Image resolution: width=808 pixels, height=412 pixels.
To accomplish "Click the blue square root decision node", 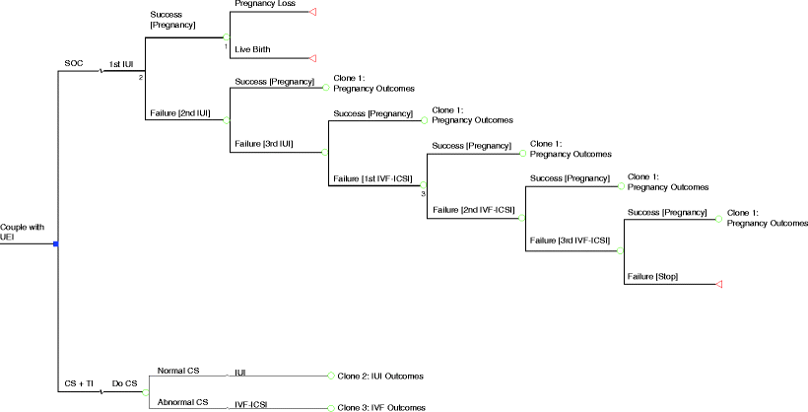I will coord(57,243).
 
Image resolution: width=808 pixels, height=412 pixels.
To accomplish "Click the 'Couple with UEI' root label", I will coord(23,233).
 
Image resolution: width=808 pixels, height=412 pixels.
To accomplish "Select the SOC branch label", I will coord(73,64).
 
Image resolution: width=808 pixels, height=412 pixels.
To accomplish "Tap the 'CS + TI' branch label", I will coord(79,383).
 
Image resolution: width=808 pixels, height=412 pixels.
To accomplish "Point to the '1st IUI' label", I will coord(120,64).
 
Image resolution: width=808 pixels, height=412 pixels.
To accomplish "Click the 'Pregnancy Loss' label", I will coord(265,5).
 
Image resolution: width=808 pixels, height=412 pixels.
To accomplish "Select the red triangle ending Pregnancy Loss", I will coord(312,12).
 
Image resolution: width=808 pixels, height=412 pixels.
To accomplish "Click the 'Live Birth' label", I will coord(254,49).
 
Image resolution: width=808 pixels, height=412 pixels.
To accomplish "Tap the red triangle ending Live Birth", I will coord(312,58).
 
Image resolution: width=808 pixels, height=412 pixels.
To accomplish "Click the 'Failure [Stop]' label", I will coord(652,275).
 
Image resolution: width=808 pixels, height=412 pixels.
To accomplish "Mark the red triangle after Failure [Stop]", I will coord(720,284).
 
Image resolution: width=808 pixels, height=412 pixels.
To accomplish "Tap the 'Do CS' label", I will coord(123,383).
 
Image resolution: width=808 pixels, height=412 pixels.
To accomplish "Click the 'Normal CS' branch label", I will coord(178,371).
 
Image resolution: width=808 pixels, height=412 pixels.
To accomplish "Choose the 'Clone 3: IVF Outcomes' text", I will coord(381,407).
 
